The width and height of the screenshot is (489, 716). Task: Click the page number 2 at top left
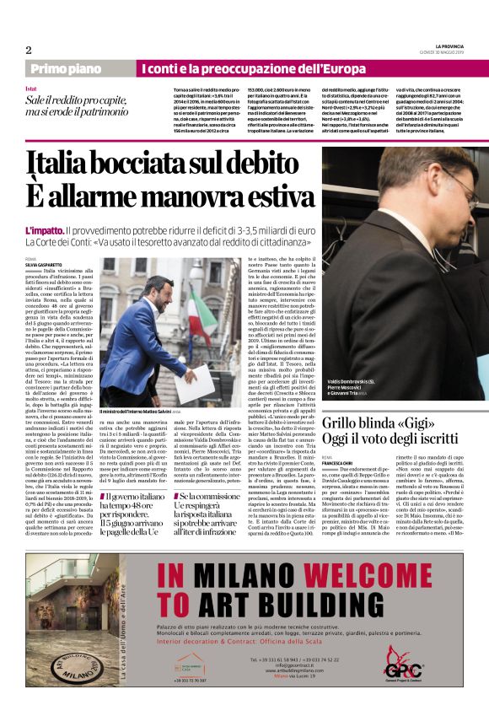29,50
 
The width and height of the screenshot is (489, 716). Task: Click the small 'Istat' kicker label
30,88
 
